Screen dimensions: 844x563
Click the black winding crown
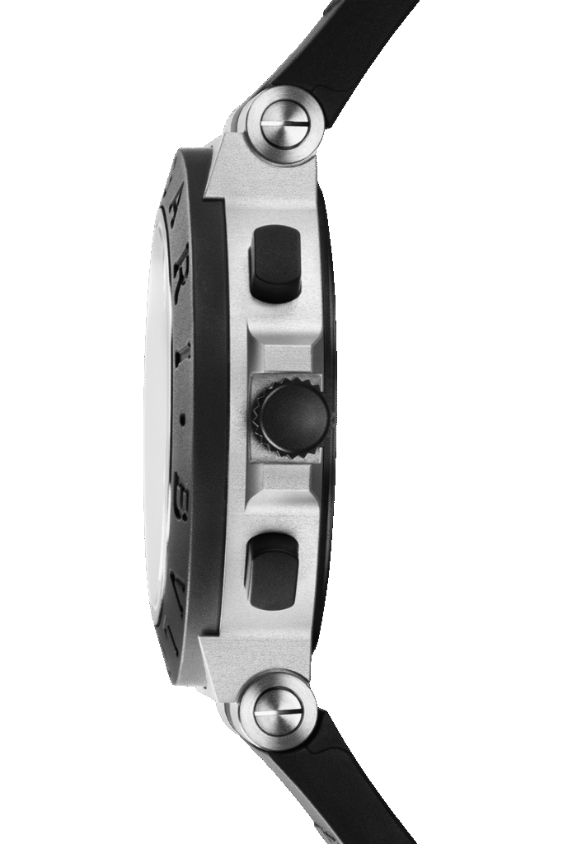pos(293,417)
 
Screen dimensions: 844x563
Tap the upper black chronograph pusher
pos(274,262)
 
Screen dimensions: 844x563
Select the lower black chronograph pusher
pos(272,570)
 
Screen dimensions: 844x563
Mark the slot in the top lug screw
pos(284,124)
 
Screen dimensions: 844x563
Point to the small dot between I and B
pos(182,419)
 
